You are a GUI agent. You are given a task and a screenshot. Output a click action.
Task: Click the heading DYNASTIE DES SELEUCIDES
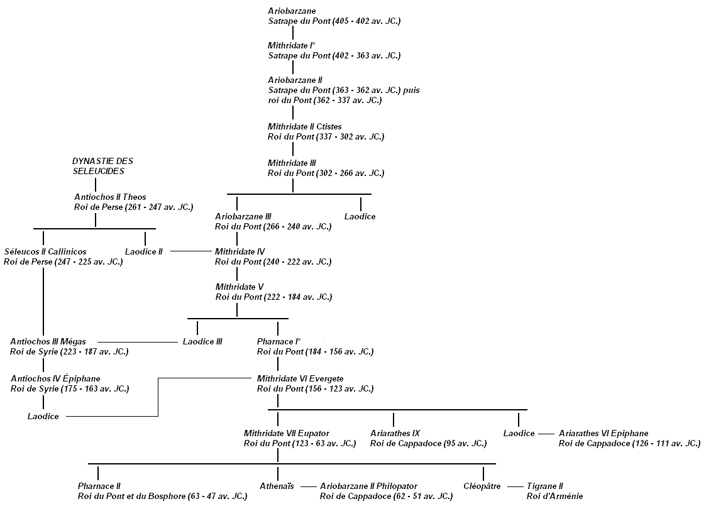coord(102,166)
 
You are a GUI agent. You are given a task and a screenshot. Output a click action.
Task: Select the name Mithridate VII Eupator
coord(286,433)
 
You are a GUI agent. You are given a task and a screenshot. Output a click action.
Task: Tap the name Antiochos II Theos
coord(110,197)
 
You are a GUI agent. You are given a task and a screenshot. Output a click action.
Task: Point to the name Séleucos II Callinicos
coord(45,251)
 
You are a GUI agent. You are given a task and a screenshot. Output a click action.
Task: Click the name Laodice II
coord(143,251)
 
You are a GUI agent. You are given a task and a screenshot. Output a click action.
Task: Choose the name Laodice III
coord(202,342)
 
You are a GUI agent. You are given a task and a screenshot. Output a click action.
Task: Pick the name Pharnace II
coord(99,486)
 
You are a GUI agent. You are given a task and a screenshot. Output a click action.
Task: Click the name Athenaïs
coord(277,486)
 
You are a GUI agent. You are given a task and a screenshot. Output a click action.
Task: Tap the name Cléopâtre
coord(482,486)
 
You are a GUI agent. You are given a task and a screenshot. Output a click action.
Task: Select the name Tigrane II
coord(544,486)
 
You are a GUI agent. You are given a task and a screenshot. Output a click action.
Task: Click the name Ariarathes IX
coord(395,433)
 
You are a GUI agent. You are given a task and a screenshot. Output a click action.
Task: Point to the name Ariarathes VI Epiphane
coord(603,433)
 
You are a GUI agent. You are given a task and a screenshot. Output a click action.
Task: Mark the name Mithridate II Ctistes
coord(304,126)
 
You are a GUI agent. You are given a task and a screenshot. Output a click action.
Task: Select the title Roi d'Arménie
coord(554,497)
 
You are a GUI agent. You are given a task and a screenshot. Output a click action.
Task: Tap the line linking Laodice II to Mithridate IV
coord(191,251)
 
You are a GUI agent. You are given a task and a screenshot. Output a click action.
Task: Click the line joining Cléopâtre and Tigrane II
coord(515,486)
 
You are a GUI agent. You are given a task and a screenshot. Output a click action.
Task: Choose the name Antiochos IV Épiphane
coord(55,378)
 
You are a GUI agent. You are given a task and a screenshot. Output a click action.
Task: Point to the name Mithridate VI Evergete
coord(300,378)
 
